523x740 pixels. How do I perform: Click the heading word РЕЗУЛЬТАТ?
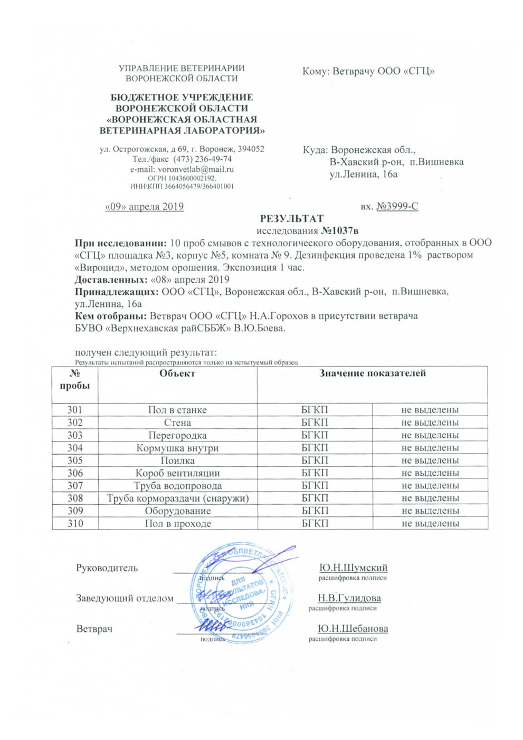point(291,218)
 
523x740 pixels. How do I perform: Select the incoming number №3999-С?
point(397,206)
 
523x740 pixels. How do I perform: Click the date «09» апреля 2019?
point(145,206)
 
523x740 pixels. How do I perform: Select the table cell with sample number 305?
point(75,460)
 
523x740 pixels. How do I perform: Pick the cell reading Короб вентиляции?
point(177,473)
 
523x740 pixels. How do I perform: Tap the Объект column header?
point(177,373)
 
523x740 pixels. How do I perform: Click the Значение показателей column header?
point(372,373)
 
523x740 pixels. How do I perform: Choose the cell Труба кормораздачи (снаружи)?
point(177,498)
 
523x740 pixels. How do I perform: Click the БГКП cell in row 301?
point(315,410)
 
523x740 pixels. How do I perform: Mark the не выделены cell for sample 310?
point(430,524)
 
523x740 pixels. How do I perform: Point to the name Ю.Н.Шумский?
point(354,568)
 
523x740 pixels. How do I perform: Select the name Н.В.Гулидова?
point(349,598)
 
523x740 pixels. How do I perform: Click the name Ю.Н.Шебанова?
point(353,629)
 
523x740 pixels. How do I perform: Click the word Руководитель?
point(107,568)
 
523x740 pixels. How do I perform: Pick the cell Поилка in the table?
point(177,460)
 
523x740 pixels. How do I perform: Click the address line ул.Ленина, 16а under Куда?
point(363,174)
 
